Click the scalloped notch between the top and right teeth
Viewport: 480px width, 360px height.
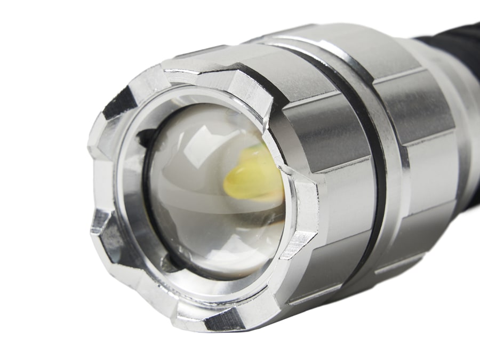(277, 144)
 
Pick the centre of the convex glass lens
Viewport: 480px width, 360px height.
(213, 192)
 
